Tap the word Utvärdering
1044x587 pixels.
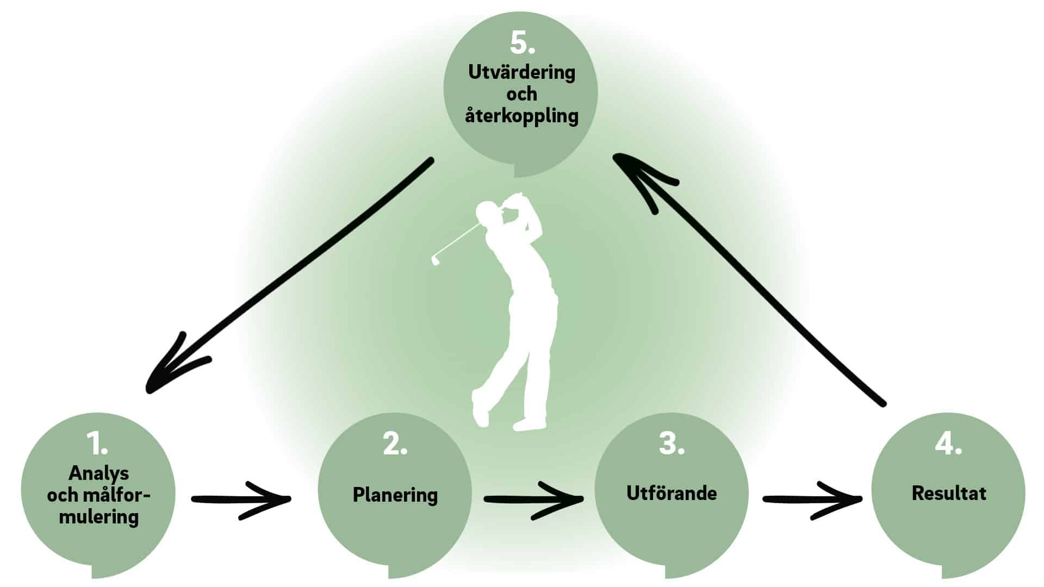coord(521,72)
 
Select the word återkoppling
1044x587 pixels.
coord(521,116)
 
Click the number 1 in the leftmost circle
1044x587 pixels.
coord(98,445)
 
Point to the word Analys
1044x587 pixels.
coord(98,473)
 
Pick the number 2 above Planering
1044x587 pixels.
coord(394,445)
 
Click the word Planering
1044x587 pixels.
coord(395,495)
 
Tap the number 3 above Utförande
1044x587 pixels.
coord(671,444)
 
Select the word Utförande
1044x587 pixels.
coord(672,493)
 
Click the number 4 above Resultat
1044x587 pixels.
coord(948,444)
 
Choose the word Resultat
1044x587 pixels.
coord(949,493)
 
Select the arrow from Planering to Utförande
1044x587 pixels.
coord(533,499)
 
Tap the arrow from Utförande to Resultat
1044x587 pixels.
coord(812,499)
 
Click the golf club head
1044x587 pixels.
coord(435,259)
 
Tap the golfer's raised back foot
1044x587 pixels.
coord(480,408)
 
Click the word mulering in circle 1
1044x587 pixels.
coord(98,516)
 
